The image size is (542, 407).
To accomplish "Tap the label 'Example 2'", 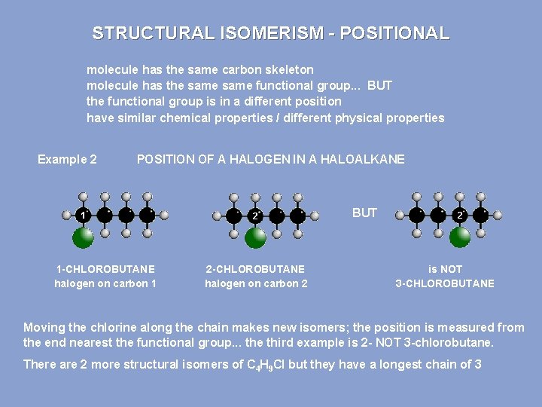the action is [x=67, y=159].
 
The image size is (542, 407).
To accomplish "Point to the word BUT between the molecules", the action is [x=364, y=213].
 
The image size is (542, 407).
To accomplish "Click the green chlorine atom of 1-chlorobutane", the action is [x=84, y=238].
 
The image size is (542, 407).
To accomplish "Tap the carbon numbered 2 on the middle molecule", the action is [x=256, y=216].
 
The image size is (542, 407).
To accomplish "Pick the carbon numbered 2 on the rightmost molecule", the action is [x=459, y=216].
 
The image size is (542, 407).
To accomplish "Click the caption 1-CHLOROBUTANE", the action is [x=105, y=269].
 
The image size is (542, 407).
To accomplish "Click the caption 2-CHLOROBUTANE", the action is [x=256, y=269].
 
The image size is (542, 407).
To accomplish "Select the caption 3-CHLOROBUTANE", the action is [x=445, y=283].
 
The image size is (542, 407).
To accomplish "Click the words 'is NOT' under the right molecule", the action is [x=445, y=269].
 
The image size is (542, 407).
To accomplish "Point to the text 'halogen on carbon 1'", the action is [x=105, y=283].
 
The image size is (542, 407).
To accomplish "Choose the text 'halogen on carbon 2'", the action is [x=256, y=283].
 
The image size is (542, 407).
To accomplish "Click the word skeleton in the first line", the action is [x=288, y=69].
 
